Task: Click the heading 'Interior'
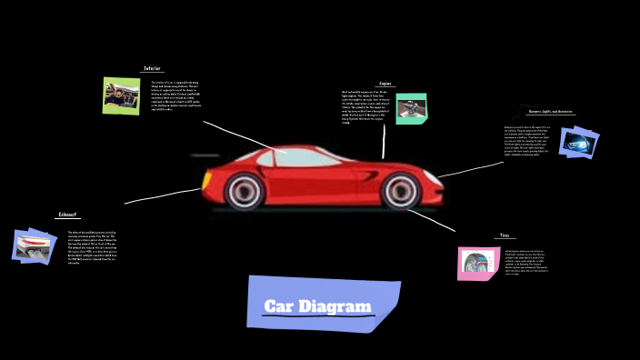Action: click(x=152, y=69)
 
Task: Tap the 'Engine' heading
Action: click(x=385, y=84)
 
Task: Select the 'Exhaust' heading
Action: click(x=68, y=215)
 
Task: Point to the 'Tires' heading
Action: click(x=505, y=235)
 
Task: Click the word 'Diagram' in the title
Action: click(x=338, y=306)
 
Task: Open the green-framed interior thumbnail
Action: click(x=122, y=95)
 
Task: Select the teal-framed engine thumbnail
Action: click(x=411, y=108)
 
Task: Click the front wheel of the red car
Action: click(x=399, y=191)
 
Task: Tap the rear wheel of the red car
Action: click(x=245, y=191)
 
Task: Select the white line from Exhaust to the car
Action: click(x=164, y=195)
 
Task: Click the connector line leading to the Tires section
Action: click(x=436, y=219)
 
